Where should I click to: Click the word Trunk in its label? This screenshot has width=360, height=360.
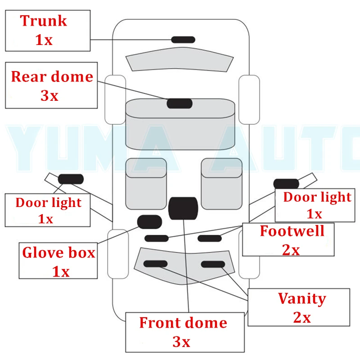pos(44,21)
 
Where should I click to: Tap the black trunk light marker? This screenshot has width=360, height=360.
pos(183,40)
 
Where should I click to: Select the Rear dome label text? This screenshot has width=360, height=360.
pos(52,76)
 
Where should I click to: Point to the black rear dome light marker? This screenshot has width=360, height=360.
pos(180,103)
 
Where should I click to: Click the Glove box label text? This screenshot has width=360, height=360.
pos(59,252)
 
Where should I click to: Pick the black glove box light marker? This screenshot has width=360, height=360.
pos(149,222)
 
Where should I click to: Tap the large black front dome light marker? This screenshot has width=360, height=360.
pos(183,208)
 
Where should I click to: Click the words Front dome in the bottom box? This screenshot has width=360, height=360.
pos(183,323)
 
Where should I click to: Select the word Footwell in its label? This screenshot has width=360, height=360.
pos(292,231)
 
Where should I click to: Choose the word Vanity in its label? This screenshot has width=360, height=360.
pos(302,298)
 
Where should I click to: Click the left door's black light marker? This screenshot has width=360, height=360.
pos(71,179)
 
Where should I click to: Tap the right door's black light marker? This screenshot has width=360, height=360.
pos(286,184)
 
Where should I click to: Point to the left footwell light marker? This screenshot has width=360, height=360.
pos(156,238)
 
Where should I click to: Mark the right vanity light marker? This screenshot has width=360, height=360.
pos(213,264)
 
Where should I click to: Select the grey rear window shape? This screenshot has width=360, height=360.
pos(180,61)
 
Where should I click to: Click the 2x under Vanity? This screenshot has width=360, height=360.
pos(302,318)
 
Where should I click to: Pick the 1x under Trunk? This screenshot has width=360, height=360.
pos(44,40)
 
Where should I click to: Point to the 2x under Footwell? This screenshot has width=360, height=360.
pos(291,250)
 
